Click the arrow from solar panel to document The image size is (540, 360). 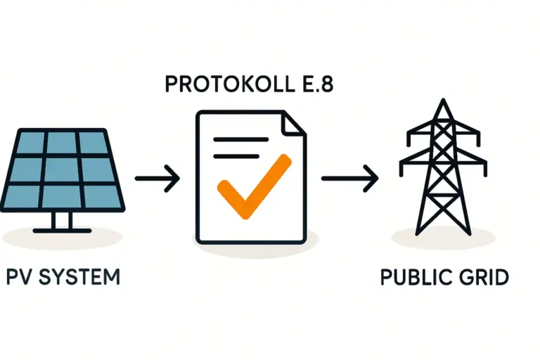[156, 179]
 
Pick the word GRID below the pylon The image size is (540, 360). [483, 276]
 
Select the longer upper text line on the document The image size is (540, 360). [240, 139]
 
